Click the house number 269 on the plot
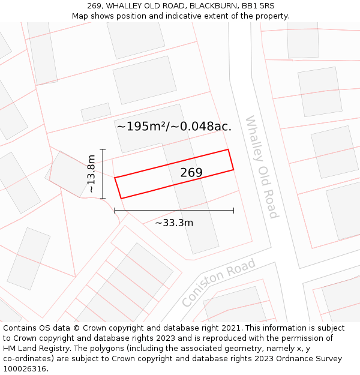click(191, 173)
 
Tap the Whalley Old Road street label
click(262, 167)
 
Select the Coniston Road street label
click(219, 283)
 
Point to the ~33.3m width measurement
click(174, 223)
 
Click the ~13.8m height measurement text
click(91, 174)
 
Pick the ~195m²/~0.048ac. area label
click(174, 126)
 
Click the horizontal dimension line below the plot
click(174, 211)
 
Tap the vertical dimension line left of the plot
click(103, 174)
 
